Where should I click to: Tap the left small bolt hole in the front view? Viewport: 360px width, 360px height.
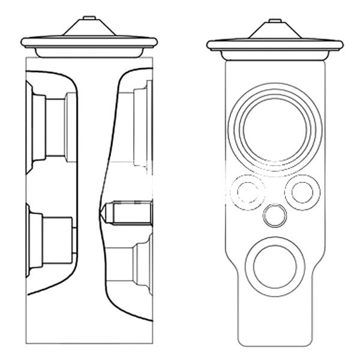click(247, 191)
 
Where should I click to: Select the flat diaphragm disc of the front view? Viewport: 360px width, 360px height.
click(275, 44)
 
